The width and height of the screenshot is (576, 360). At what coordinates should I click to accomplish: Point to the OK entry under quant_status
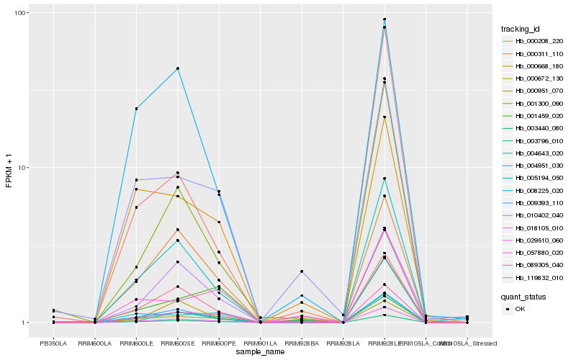(x=520, y=309)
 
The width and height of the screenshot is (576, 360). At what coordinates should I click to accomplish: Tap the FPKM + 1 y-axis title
(x=9, y=168)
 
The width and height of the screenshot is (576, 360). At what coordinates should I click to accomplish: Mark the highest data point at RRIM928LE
(x=384, y=19)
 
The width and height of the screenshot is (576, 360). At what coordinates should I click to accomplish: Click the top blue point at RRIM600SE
(x=178, y=68)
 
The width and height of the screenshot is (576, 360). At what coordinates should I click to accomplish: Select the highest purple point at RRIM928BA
(x=302, y=271)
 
